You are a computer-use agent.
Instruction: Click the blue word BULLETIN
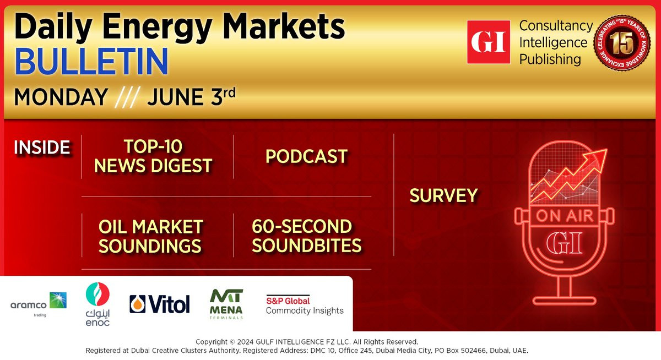click(91, 61)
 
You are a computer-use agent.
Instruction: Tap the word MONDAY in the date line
click(61, 97)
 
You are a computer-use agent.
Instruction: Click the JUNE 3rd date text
click(192, 96)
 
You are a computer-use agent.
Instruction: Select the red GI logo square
click(489, 42)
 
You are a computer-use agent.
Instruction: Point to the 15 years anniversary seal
click(622, 43)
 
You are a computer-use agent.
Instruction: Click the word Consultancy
click(556, 26)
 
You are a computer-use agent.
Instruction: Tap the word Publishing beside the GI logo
click(550, 59)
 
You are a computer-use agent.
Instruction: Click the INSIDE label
click(42, 147)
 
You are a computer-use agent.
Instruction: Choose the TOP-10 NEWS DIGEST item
click(153, 156)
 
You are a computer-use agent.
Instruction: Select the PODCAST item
click(306, 156)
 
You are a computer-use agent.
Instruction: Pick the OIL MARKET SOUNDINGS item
click(150, 237)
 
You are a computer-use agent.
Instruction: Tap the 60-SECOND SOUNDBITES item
click(306, 236)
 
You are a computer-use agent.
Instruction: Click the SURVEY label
click(443, 195)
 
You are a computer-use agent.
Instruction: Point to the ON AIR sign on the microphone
click(564, 216)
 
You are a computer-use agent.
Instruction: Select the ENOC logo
click(97, 304)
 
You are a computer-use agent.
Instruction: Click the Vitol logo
click(160, 304)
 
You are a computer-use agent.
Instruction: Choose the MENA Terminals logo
click(226, 304)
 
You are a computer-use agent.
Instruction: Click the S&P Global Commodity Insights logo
click(305, 305)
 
